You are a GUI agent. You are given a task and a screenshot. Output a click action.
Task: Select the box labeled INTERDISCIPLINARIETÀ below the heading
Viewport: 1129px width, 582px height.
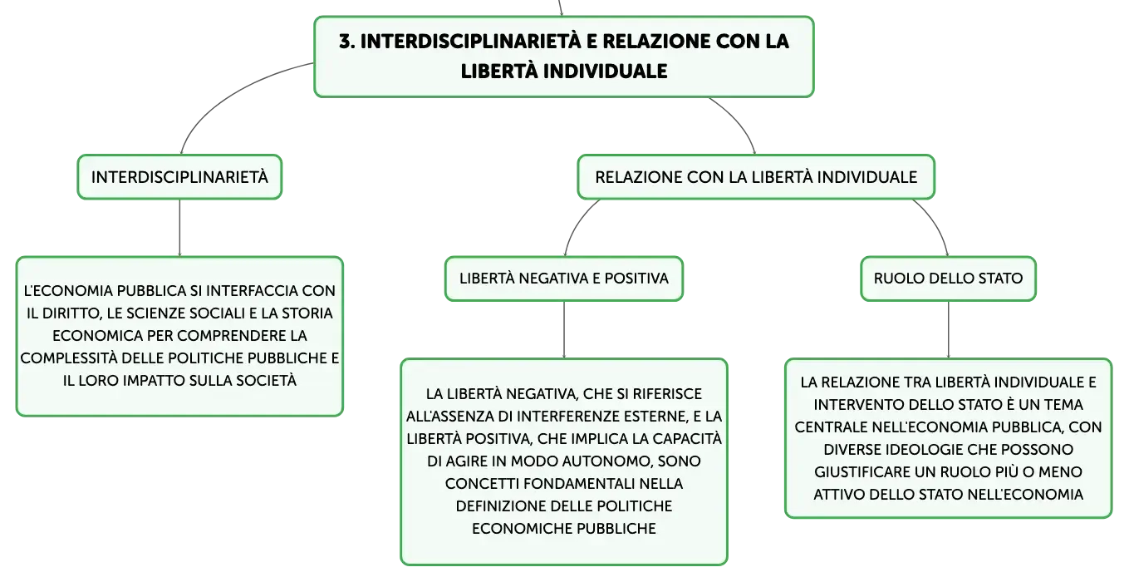point(179,177)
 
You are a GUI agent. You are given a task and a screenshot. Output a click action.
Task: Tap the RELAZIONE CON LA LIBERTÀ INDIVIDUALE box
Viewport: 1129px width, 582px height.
point(756,177)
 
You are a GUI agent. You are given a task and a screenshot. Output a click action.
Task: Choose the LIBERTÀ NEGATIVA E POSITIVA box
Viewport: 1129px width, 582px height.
point(564,279)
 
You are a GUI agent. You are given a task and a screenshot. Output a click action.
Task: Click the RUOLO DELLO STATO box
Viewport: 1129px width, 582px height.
point(948,279)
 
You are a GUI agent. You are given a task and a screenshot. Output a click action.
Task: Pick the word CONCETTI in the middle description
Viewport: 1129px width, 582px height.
point(482,484)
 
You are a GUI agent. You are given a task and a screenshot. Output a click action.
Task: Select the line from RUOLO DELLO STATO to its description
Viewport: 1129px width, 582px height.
point(948,330)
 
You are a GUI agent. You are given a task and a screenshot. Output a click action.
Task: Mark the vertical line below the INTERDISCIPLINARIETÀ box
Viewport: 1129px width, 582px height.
point(179,228)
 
